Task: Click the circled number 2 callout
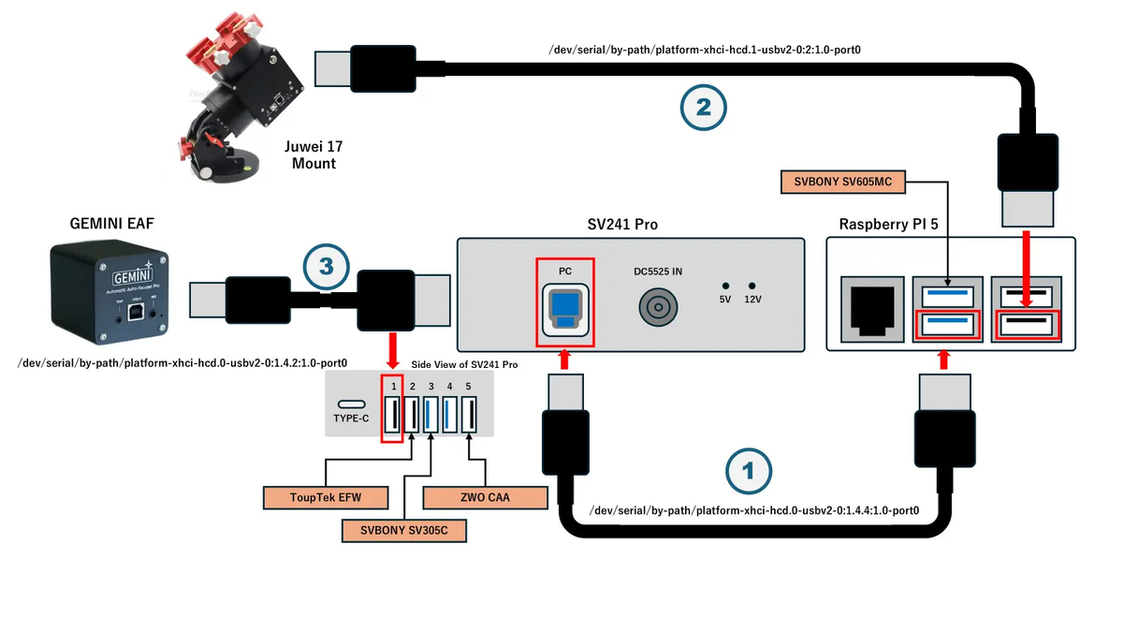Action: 703,108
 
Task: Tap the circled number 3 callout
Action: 326,266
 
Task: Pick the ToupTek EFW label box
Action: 311,496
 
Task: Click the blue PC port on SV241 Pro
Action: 565,308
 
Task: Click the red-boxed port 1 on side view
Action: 393,413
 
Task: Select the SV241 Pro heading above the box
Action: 630,225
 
